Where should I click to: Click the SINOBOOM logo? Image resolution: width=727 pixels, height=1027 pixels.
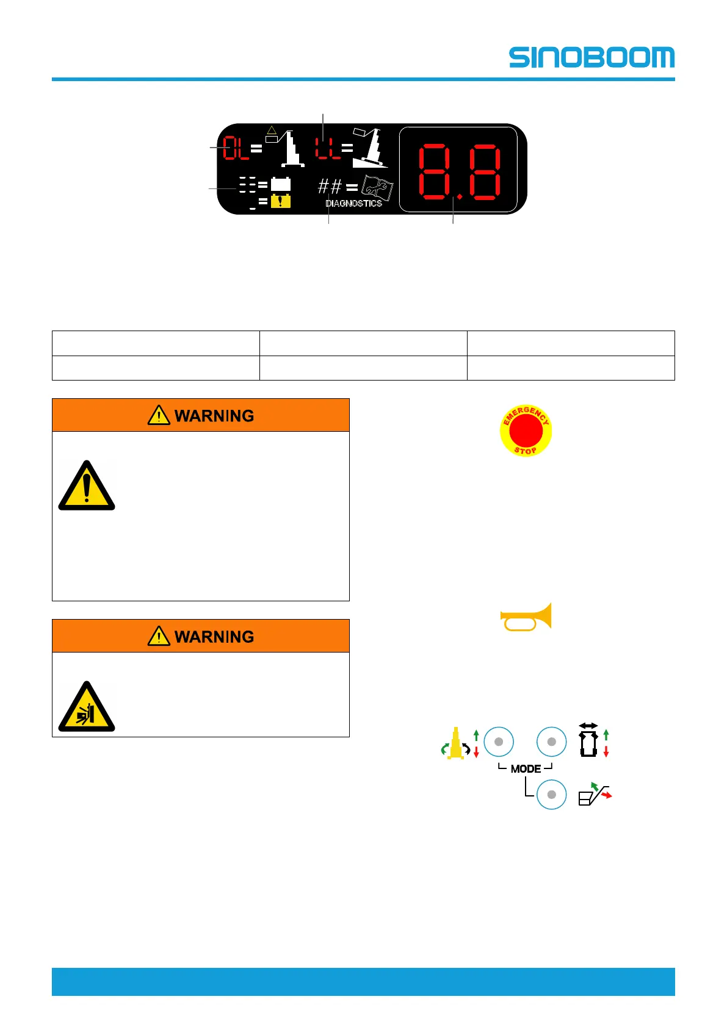click(x=591, y=57)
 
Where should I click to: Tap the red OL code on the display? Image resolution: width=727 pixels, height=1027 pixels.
click(x=236, y=148)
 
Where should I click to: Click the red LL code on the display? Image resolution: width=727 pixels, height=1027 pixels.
click(x=327, y=148)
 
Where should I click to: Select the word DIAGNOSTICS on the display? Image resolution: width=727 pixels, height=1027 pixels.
click(x=353, y=203)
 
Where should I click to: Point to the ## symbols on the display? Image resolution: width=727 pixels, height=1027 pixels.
click(x=330, y=185)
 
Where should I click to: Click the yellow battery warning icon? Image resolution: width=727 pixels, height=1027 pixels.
click(x=281, y=201)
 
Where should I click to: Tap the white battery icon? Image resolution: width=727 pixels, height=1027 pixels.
click(x=281, y=184)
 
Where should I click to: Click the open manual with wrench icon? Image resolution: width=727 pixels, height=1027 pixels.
click(x=377, y=188)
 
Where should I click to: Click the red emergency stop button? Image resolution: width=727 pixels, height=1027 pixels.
click(x=526, y=431)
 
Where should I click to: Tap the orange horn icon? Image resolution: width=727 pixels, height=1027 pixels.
click(x=526, y=617)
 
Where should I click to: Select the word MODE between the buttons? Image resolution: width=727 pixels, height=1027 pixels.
click(x=526, y=768)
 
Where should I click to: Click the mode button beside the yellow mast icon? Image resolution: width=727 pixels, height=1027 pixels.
click(x=499, y=742)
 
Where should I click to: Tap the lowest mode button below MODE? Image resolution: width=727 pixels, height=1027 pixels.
click(x=552, y=795)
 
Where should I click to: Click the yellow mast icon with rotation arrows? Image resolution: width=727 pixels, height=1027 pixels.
click(x=455, y=743)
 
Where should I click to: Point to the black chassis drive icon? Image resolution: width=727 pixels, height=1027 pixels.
click(x=588, y=741)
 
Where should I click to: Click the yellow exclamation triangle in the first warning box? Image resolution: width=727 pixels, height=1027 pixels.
click(x=87, y=487)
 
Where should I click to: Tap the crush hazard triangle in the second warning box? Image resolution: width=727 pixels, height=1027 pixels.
click(x=87, y=707)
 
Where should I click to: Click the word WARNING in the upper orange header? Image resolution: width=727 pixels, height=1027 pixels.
click(x=214, y=416)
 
